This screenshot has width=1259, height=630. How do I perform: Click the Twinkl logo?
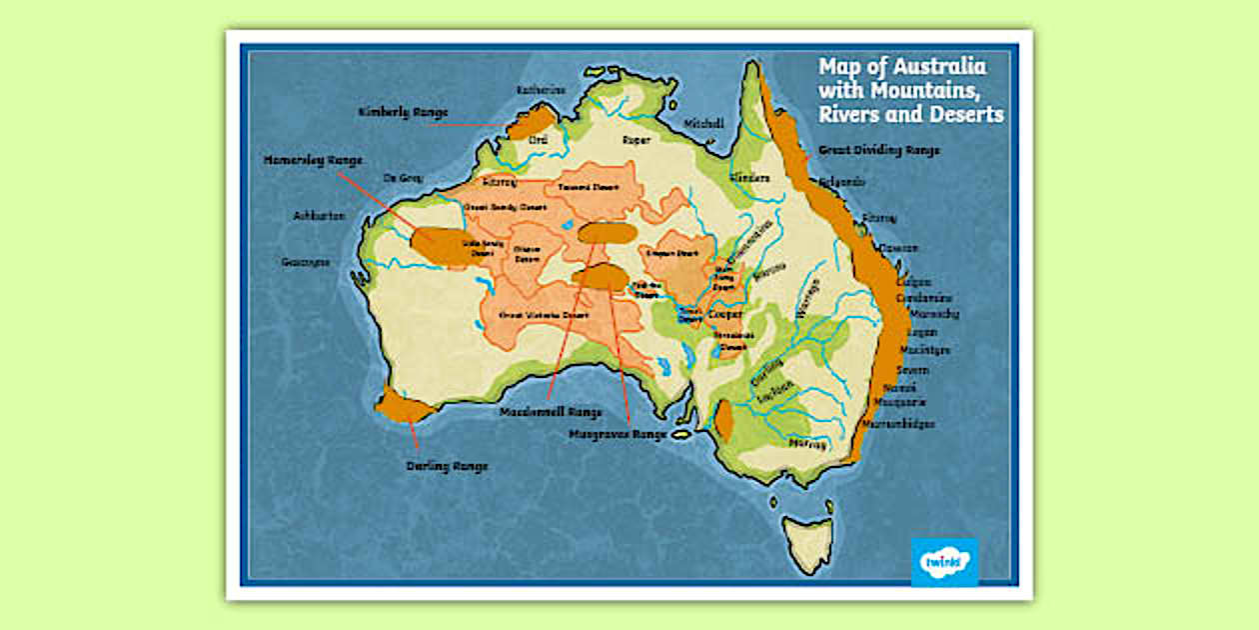click(x=943, y=562)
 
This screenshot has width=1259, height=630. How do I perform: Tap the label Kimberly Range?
click(x=403, y=113)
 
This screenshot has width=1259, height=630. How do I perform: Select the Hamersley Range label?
click(x=312, y=160)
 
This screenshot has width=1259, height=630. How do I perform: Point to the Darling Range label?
click(x=447, y=466)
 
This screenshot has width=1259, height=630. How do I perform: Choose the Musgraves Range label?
click(x=617, y=435)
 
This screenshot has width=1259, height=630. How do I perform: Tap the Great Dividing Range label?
click(x=879, y=150)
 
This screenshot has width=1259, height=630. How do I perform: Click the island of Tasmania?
click(x=807, y=541)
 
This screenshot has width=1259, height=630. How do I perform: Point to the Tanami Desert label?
click(x=589, y=187)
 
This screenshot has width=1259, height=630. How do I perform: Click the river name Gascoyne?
click(x=305, y=262)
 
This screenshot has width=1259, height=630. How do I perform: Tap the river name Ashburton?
click(x=319, y=216)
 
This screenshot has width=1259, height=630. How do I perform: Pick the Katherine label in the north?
click(x=541, y=90)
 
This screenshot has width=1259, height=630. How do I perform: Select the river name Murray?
click(x=807, y=443)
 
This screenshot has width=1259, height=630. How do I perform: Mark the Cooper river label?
click(x=724, y=314)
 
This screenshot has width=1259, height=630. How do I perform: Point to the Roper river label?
click(x=635, y=141)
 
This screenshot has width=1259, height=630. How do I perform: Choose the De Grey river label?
click(x=404, y=178)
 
